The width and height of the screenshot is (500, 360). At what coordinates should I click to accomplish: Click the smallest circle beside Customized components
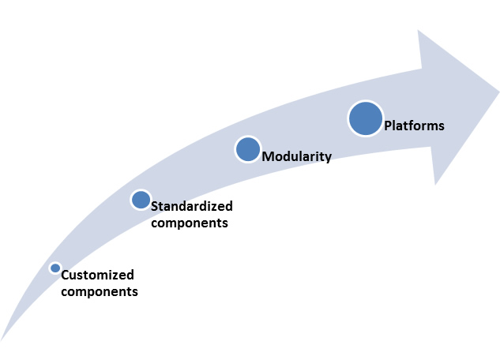coord(55,268)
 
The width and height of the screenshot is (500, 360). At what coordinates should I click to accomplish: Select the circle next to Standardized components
coord(141,200)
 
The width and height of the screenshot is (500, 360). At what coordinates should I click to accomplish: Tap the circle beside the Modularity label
coord(248,149)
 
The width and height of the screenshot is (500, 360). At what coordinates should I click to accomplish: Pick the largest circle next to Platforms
coord(366,118)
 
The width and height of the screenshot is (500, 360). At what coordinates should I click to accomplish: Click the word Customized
coord(98,275)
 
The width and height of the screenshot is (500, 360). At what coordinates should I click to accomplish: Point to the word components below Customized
coord(100,292)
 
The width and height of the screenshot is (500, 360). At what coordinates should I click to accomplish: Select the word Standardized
coord(192,206)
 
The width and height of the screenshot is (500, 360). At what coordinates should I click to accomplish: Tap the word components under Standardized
coord(190,223)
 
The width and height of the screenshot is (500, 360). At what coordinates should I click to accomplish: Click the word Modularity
coord(297,156)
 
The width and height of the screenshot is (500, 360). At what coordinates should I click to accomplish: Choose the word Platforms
coord(414,126)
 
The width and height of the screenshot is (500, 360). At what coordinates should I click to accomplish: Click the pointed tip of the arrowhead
coord(499,92)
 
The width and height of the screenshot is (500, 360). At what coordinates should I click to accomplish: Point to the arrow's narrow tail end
coord(2,340)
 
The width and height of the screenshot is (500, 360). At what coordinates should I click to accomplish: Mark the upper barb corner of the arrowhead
coord(418,30)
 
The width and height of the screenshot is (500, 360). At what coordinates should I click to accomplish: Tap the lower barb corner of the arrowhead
coord(435,185)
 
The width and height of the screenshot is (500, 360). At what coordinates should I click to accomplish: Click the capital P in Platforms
coord(388,126)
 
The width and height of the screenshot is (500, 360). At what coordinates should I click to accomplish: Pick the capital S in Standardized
coord(155,206)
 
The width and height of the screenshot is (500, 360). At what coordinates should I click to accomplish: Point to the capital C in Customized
coord(65,275)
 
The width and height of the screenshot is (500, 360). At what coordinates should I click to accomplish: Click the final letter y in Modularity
coord(329,159)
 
